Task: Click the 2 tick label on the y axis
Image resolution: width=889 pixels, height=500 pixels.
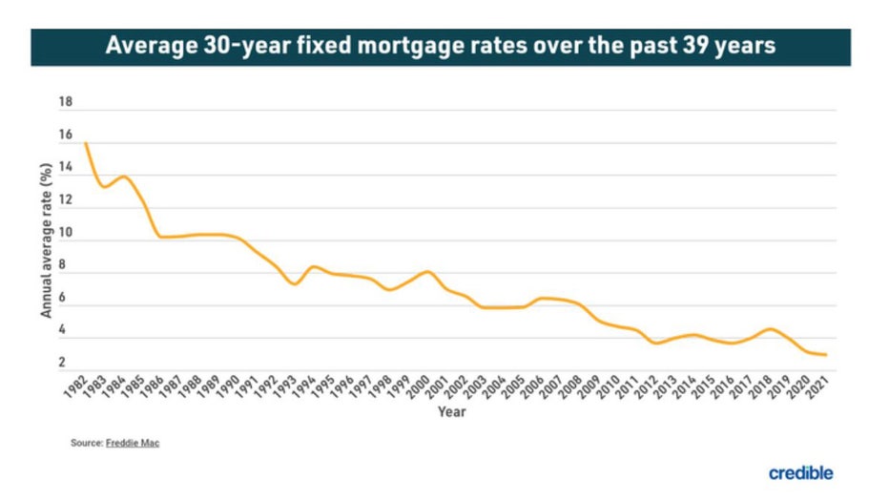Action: pos(62,364)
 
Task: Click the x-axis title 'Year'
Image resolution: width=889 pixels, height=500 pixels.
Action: pos(451,412)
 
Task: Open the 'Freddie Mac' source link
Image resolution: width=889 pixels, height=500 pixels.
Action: pos(133,444)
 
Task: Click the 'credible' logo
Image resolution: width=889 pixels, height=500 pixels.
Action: pos(800,473)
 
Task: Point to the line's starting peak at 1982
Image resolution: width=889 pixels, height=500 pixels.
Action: pos(85,143)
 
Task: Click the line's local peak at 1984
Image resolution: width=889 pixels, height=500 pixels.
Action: pos(123,177)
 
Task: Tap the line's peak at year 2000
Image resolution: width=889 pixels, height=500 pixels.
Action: pos(426,272)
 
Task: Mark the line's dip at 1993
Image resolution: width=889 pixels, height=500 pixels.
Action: pos(294,284)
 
